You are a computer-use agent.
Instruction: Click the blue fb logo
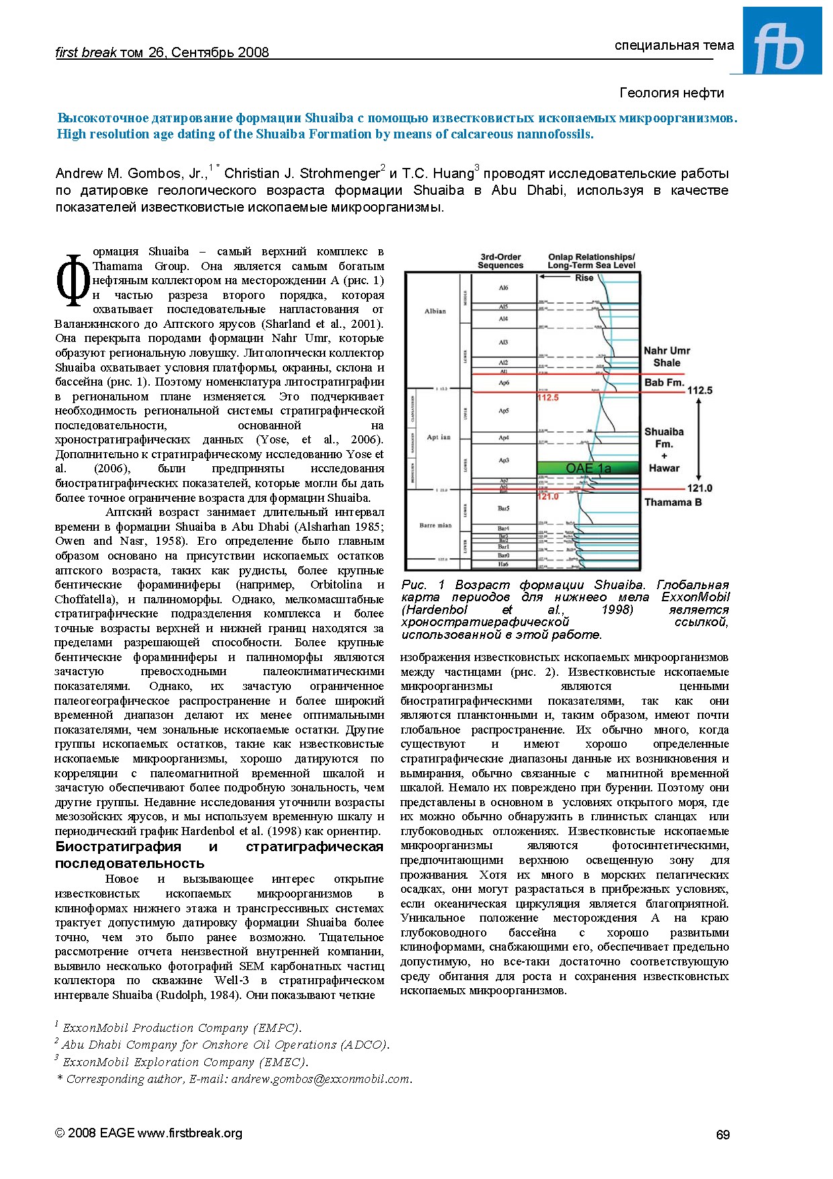[782, 41]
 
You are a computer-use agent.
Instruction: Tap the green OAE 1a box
[588, 468]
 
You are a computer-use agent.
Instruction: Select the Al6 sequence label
[503, 288]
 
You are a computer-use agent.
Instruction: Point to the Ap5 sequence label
[503, 410]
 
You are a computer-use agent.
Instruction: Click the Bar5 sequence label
[503, 509]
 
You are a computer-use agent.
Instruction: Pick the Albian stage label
[435, 311]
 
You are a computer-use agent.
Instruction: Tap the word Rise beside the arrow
[584, 278]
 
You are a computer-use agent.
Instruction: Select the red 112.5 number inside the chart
[547, 398]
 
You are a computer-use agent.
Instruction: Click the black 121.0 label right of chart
[699, 488]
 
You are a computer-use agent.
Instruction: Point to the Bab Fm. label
[664, 383]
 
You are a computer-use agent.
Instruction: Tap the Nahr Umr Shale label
[666, 357]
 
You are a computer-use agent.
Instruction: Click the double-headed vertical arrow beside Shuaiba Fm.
[699, 439]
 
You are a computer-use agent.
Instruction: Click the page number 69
[722, 1135]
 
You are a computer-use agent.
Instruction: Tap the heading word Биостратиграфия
[118, 846]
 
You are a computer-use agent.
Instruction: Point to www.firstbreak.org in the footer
[189, 1133]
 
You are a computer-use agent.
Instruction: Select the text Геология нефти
[671, 93]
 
